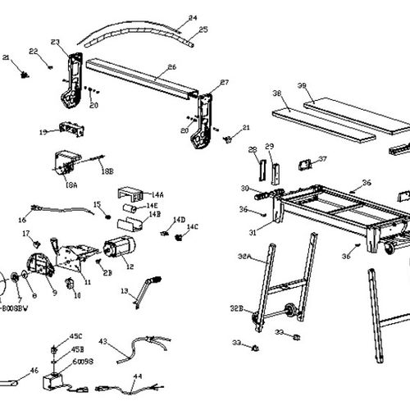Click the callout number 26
pyautogui.click(x=172, y=67)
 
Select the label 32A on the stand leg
pyautogui.click(x=244, y=234)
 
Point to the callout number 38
pyautogui.click(x=277, y=93)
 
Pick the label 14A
pyautogui.click(x=157, y=194)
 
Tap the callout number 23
pyautogui.click(x=55, y=42)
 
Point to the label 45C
pyautogui.click(x=75, y=336)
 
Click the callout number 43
pyautogui.click(x=102, y=341)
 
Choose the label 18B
pyautogui.click(x=107, y=170)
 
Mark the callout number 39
pyautogui.click(x=302, y=86)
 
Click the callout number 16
pyautogui.click(x=22, y=220)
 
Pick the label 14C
pyautogui.click(x=193, y=226)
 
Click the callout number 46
pyautogui.click(x=34, y=371)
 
